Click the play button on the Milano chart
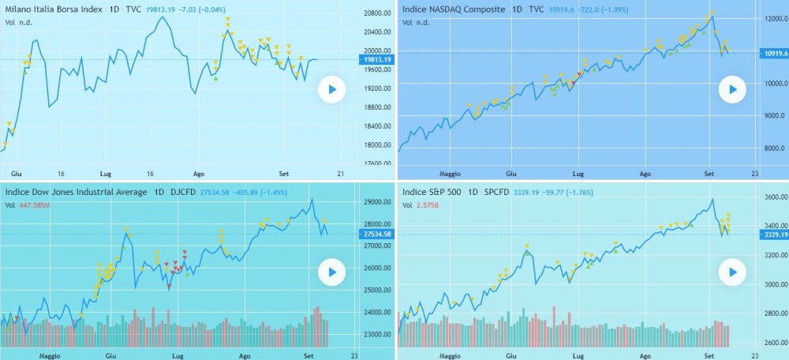click(332, 90)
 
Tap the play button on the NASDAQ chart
click(732, 90)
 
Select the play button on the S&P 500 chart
click(732, 273)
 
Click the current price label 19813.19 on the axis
click(376, 60)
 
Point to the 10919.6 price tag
click(772, 53)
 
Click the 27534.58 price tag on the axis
click(376, 234)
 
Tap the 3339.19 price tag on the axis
click(772, 234)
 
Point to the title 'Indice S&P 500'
click(432, 192)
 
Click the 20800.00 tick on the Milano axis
click(376, 13)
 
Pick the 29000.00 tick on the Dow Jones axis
click(376, 203)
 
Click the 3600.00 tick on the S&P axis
click(771, 197)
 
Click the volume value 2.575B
click(429, 205)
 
